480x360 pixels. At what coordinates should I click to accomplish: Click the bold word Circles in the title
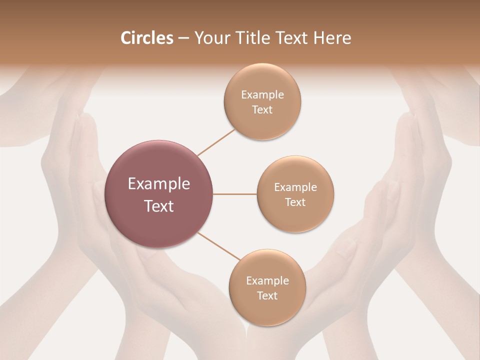pos(146,38)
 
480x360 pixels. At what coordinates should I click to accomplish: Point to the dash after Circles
pos(183,38)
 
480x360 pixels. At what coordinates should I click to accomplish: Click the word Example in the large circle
pos(159,184)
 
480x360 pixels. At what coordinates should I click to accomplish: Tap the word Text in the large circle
pos(159,206)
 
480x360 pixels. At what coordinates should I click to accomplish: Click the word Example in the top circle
pos(262,94)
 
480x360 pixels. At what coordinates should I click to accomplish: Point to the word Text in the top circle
pos(262,109)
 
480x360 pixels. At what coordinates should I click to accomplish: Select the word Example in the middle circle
pos(295,187)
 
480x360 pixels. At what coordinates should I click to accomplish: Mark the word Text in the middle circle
pos(295,202)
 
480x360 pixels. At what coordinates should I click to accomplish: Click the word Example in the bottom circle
pos(267,281)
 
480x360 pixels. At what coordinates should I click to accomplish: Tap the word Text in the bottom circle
pos(267,295)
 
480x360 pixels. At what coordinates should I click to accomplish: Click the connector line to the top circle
pos(216,142)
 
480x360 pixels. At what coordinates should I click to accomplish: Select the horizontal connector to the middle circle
pos(235,194)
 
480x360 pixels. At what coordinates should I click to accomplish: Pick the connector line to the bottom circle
pos(219,246)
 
